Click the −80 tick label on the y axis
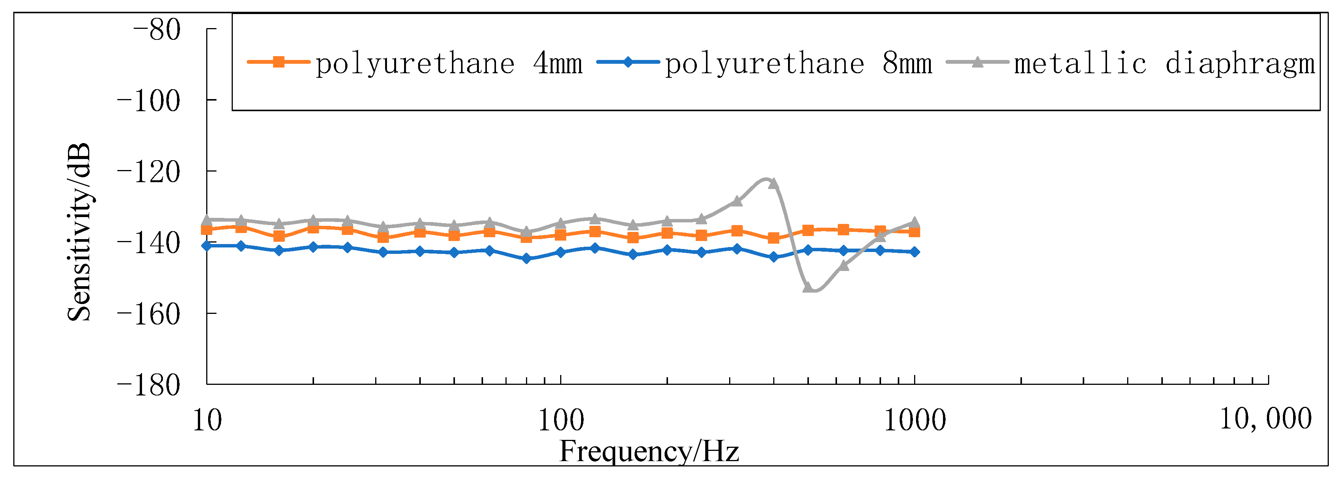[156, 30]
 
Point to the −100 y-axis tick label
[149, 101]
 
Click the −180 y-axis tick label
[149, 386]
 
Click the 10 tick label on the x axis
[207, 421]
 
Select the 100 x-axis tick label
[561, 421]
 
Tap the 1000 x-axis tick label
[914, 421]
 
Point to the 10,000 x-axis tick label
[1265, 419]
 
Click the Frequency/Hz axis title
[649, 452]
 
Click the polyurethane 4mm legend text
[449, 64]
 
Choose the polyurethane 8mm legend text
[798, 64]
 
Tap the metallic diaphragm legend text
[1164, 64]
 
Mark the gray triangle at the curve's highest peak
[774, 184]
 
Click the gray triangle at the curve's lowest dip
[808, 287]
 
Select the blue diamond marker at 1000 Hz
[914, 252]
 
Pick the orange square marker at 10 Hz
[207, 230]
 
